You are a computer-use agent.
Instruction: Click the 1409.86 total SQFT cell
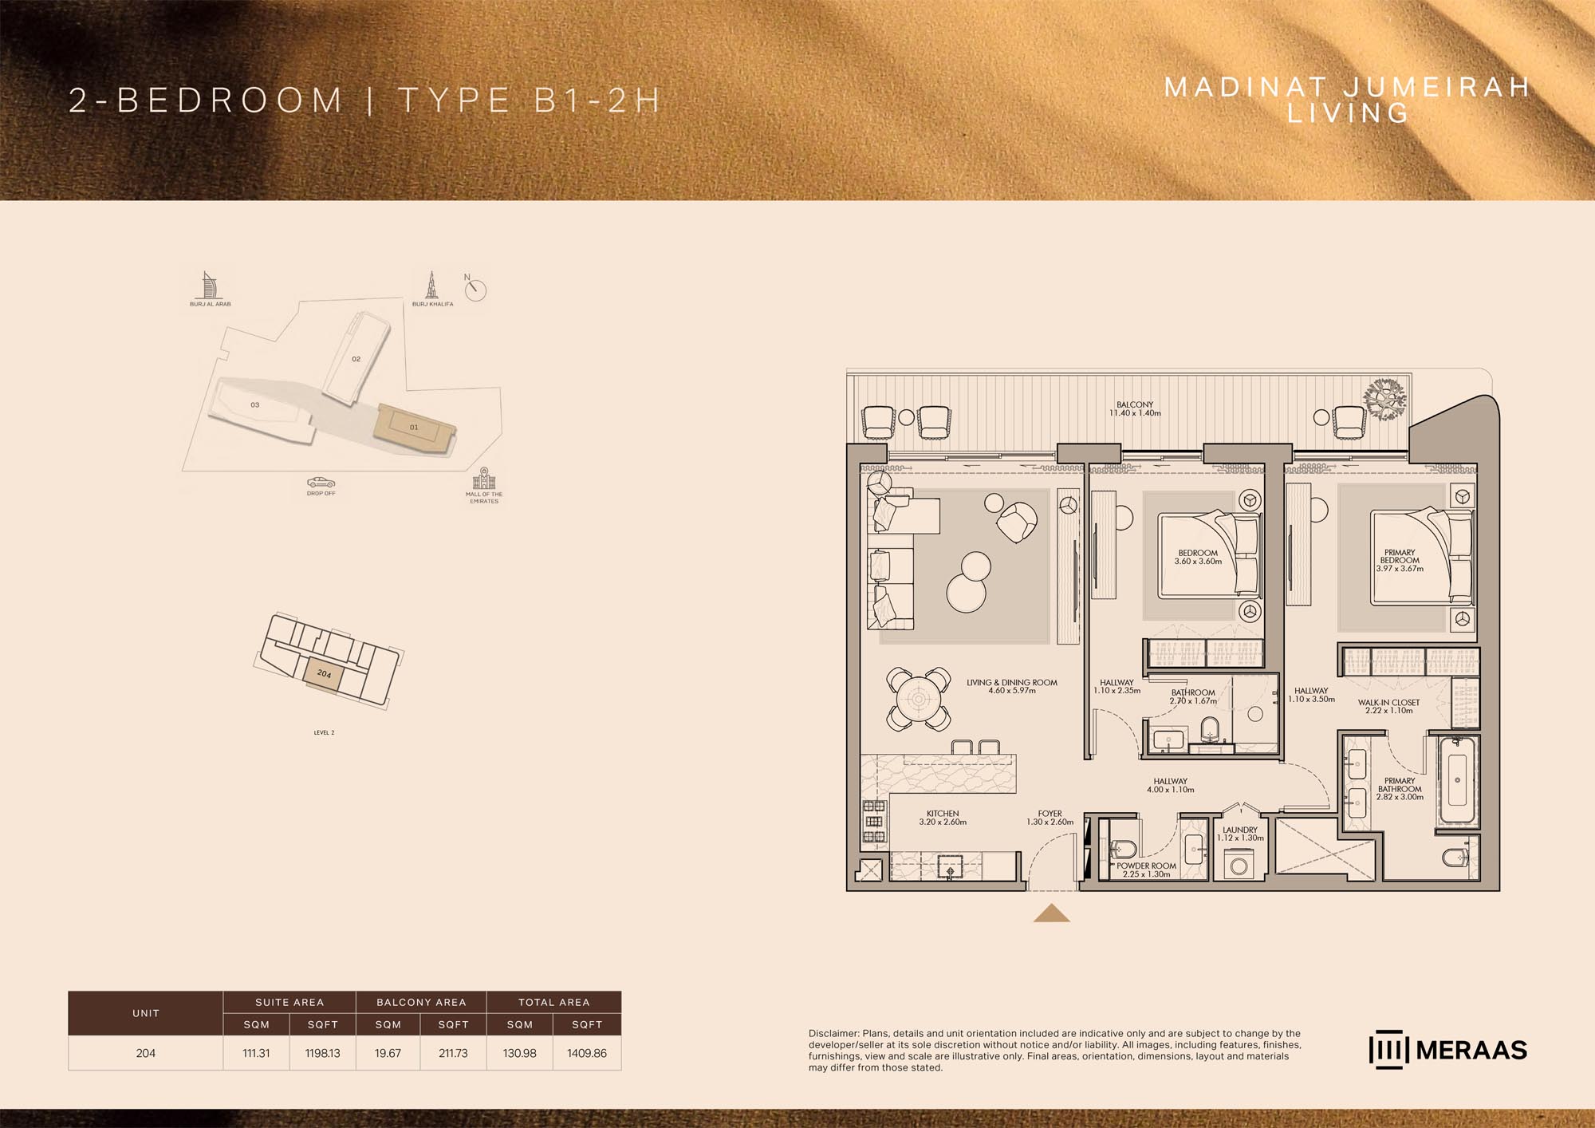(x=587, y=1053)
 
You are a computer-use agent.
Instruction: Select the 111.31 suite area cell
(x=256, y=1053)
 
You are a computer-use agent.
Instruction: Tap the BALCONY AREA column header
(x=421, y=1002)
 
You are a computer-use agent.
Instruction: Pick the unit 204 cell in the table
(x=146, y=1053)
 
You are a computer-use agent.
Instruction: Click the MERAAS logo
(x=1447, y=1051)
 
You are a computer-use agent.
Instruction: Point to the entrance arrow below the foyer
(x=1051, y=913)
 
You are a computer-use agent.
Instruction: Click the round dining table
(x=919, y=700)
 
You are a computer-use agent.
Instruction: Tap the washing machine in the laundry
(x=1239, y=865)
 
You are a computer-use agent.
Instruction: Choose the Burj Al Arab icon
(x=210, y=286)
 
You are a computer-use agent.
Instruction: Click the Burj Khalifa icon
(x=432, y=285)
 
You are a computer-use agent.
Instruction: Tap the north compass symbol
(x=475, y=289)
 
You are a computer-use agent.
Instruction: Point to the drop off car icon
(x=321, y=483)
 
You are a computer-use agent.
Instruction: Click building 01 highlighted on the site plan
(x=414, y=428)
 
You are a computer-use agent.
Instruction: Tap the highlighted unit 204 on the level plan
(x=323, y=675)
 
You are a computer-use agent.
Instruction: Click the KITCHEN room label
(x=943, y=814)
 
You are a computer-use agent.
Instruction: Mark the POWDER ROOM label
(x=1146, y=866)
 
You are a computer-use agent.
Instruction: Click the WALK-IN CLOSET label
(x=1389, y=703)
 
